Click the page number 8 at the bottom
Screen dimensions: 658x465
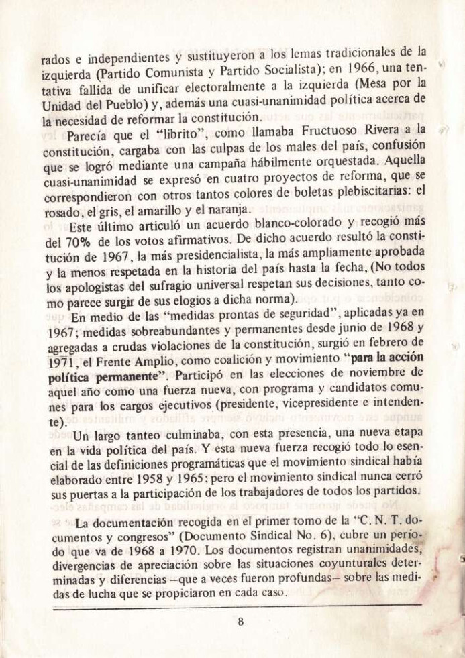coord(240,621)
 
